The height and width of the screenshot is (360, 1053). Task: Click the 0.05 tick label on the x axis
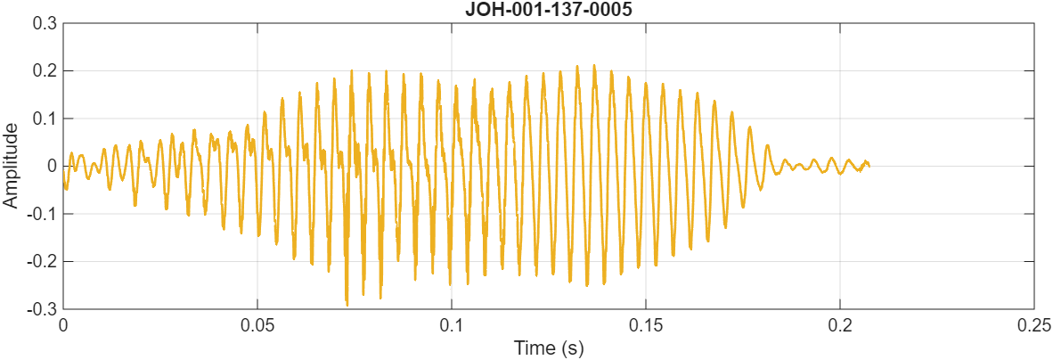pos(257,324)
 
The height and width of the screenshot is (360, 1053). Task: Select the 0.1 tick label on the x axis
pos(452,324)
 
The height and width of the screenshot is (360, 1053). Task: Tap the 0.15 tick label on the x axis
pos(646,324)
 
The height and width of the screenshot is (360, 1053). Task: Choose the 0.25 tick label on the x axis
pos(1033,324)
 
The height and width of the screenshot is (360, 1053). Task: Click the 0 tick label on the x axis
pos(63,324)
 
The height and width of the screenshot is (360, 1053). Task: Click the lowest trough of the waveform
pos(347,305)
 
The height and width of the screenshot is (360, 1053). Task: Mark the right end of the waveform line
pos(869,165)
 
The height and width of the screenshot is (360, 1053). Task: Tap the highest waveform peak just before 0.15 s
pos(595,65)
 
